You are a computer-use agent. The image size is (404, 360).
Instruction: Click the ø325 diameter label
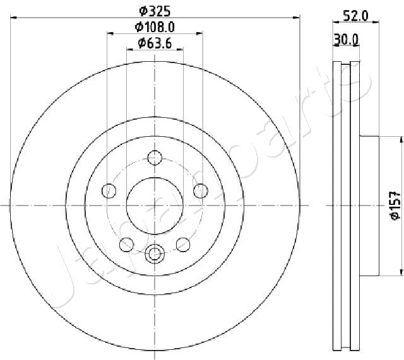pyautogui.click(x=155, y=11)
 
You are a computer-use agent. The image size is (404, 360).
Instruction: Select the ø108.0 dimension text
pyautogui.click(x=155, y=26)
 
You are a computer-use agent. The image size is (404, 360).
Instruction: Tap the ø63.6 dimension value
pyautogui.click(x=155, y=44)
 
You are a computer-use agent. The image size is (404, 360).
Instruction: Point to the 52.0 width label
pyautogui.click(x=356, y=16)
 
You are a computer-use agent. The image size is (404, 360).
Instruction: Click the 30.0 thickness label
pyautogui.click(x=346, y=40)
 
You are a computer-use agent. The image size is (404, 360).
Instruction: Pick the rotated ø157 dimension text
pyautogui.click(x=396, y=206)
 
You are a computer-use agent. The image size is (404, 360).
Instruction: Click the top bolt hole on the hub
pyautogui.click(x=155, y=158)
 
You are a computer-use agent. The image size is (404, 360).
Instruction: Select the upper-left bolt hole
pyautogui.click(x=109, y=191)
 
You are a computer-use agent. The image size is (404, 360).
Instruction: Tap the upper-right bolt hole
pyautogui.click(x=201, y=191)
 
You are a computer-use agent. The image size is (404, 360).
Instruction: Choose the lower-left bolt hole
pyautogui.click(x=126, y=245)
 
